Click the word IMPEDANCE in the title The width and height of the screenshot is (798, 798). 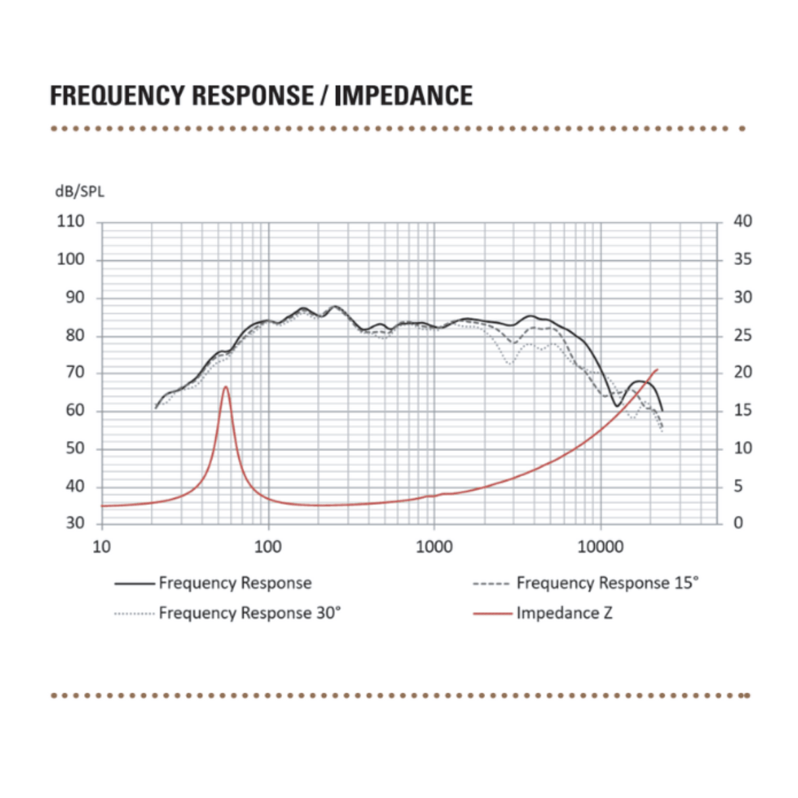tap(404, 96)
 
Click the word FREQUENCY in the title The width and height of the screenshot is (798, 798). tap(115, 96)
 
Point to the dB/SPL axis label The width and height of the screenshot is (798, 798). tap(80, 191)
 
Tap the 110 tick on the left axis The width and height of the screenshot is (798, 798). tap(71, 222)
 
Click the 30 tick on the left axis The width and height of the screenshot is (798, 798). tap(75, 523)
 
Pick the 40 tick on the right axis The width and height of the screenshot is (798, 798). tap(743, 222)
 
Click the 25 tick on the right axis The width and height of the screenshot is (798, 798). tap(743, 335)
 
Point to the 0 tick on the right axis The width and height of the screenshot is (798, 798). tap(738, 523)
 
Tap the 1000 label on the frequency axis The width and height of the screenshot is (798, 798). tap(434, 547)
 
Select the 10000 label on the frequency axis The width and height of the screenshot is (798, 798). tap(599, 547)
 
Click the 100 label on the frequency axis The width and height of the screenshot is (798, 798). tap(268, 547)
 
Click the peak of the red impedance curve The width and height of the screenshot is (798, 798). tap(225, 387)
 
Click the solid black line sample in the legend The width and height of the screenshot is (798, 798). tap(134, 583)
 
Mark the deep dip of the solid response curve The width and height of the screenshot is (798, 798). tap(617, 406)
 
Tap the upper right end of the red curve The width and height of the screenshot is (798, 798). tap(657, 370)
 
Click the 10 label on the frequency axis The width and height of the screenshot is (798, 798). tap(101, 547)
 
